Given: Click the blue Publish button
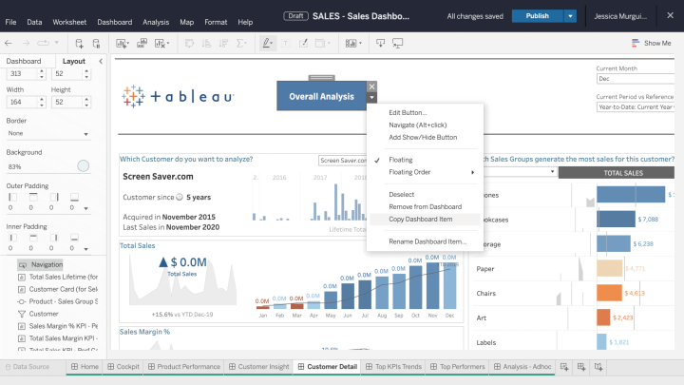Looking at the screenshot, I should tap(537, 16).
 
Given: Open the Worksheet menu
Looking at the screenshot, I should tap(69, 21).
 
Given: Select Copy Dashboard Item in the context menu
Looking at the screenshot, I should tap(420, 219).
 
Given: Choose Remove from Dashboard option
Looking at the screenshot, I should tap(425, 206).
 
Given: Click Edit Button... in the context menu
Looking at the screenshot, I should tap(408, 112).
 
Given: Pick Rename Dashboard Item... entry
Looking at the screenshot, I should tap(427, 241).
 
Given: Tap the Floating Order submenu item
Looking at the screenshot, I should tap(409, 172).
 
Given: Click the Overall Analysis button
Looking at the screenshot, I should tap(321, 96).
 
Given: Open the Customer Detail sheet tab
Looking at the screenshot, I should tap(331, 366).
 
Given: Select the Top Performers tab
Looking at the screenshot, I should tap(461, 366).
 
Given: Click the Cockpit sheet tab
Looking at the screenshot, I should tap(126, 366).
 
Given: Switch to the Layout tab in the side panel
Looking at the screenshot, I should tap(73, 61).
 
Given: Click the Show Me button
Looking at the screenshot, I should tap(652, 43).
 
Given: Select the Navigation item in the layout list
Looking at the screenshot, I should tap(47, 264).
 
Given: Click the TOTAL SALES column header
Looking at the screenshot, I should tap(622, 173).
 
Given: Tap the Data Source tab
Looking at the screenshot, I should tap(30, 366).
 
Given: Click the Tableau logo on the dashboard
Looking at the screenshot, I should tap(178, 96).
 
